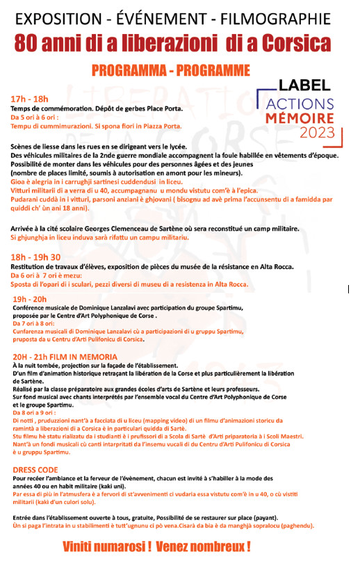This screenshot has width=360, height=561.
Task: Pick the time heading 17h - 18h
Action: (28, 99)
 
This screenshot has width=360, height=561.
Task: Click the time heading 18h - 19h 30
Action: (36, 257)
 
